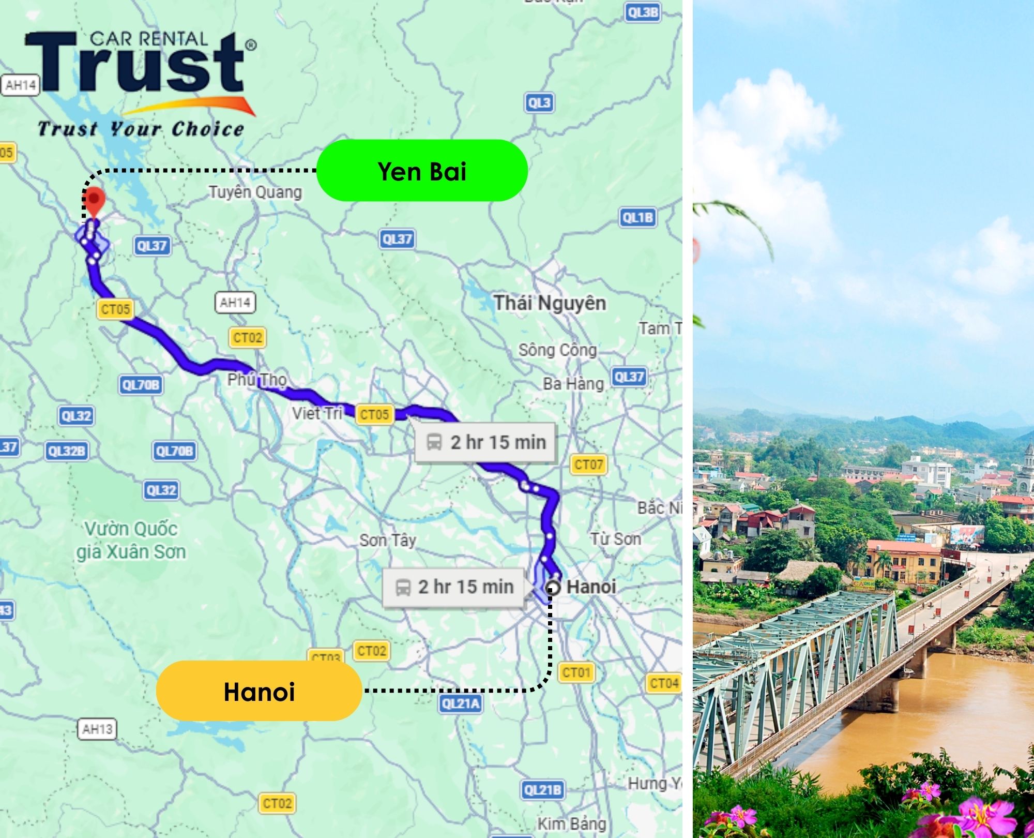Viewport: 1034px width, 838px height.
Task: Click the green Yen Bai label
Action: pos(421,171)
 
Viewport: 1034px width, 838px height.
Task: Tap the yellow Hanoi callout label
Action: pos(258,692)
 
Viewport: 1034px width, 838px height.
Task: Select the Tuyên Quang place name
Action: pos(255,192)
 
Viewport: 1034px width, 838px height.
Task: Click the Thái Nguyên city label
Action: pos(550,303)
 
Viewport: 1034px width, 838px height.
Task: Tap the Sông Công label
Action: pos(557,350)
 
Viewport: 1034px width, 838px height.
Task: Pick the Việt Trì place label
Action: pos(317,413)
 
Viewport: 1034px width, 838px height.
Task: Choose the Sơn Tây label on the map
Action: pos(388,541)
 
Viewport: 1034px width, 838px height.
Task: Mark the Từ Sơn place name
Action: pos(615,539)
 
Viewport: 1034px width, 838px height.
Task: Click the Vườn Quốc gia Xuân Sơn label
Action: pos(131,541)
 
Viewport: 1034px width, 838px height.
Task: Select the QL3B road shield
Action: pos(643,12)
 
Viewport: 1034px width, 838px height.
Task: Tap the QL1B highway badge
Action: pos(637,218)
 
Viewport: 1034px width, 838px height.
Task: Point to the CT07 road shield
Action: pos(588,465)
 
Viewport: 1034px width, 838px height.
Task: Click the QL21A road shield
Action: pos(461,704)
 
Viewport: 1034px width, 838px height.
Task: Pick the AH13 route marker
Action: pos(97,729)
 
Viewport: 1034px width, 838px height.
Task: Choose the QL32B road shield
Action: pos(66,451)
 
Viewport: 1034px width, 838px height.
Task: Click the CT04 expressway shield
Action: pos(664,684)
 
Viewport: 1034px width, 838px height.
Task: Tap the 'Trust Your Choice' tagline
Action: pos(141,129)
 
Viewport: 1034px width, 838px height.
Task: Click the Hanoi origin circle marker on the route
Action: pos(553,588)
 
